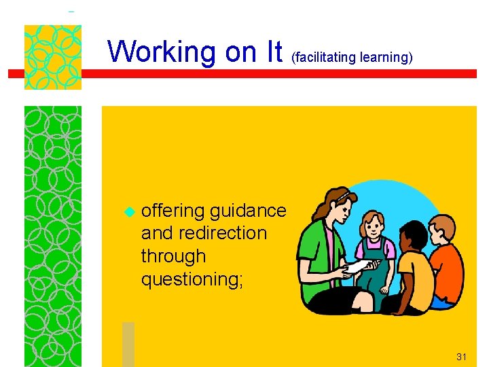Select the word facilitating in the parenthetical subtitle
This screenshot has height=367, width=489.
(x=325, y=58)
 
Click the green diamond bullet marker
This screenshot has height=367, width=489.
(x=126, y=212)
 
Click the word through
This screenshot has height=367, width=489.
(x=173, y=256)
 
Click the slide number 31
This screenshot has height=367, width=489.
(x=462, y=356)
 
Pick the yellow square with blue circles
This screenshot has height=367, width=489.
(x=52, y=57)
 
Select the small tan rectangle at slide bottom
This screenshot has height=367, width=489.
(x=128, y=344)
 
